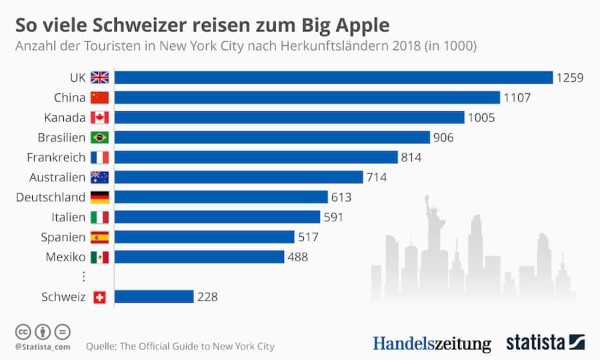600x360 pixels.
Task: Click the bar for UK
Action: coord(333,77)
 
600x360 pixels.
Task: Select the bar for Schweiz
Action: coord(154,297)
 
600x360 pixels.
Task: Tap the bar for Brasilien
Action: coord(272,137)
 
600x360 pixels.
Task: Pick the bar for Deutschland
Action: coord(221,197)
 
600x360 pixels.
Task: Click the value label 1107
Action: coord(517,97)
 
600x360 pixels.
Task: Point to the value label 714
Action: coord(376,177)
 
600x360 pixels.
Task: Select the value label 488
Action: coord(297,257)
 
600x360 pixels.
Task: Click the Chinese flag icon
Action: coord(99,97)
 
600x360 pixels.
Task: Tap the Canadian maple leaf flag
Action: coord(99,117)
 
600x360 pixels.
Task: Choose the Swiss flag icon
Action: coord(99,297)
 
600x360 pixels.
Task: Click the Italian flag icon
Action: coord(99,217)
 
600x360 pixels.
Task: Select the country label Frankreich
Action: coord(56,157)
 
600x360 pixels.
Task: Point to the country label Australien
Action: coord(57,177)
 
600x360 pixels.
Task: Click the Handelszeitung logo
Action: coord(431,343)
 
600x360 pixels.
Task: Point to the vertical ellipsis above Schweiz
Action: coord(83,277)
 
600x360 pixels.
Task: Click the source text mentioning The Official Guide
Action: coord(180,346)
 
